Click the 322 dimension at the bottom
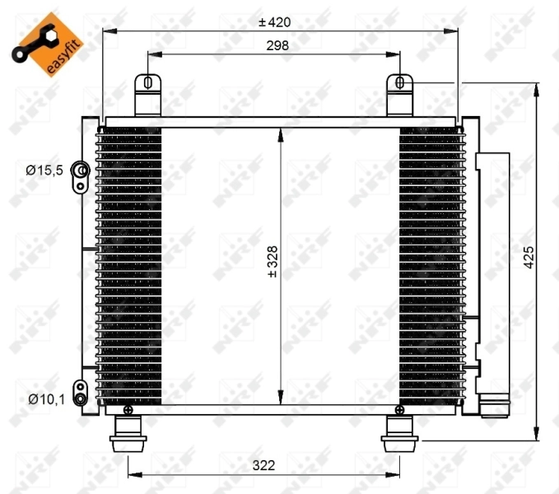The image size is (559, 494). (263, 465)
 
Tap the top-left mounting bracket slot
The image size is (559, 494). (147, 82)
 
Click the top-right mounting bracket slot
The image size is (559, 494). (400, 82)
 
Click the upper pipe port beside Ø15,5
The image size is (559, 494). (81, 171)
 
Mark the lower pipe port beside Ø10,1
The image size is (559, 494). (80, 393)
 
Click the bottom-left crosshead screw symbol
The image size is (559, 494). (128, 409)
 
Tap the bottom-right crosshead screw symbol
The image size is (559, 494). (400, 409)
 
